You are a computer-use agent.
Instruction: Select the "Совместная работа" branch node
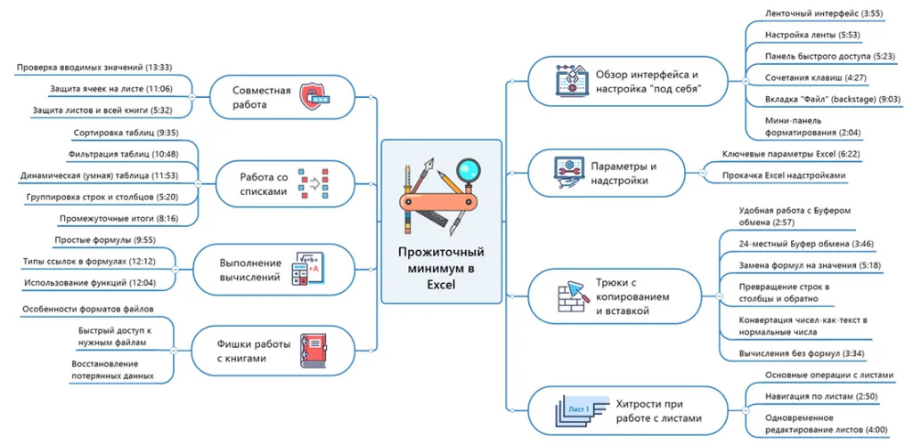pos(262,97)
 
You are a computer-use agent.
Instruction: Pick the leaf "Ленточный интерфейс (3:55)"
pos(811,13)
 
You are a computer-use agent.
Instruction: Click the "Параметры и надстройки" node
pos(624,173)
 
